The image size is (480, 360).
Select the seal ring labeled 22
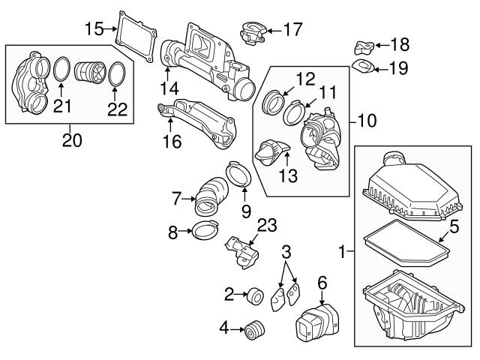(115, 75)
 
